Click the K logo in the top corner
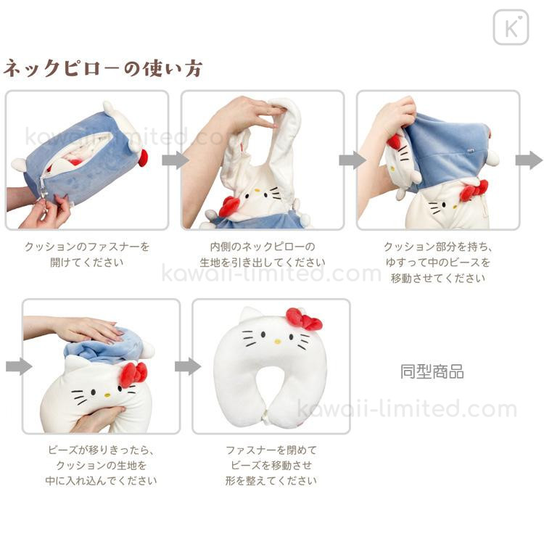[511, 28]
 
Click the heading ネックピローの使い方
[103, 68]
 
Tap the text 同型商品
[432, 371]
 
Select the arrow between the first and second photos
[176, 160]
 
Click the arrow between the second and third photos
[352, 160]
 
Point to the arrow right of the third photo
[529, 160]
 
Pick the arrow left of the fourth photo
[19, 366]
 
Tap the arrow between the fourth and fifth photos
[188, 366]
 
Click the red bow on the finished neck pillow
[304, 319]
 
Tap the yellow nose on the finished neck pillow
[278, 342]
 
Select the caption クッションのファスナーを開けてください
[87, 255]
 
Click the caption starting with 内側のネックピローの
[263, 255]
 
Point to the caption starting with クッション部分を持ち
[438, 263]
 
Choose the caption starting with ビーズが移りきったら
[101, 465]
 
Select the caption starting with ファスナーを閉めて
[271, 465]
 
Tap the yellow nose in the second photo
[257, 191]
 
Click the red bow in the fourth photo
[133, 374]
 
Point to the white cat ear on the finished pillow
[250, 315]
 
